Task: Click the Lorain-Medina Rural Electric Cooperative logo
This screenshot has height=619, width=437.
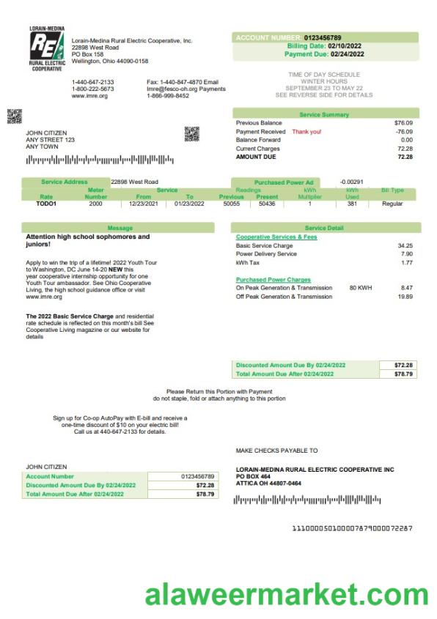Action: point(46,49)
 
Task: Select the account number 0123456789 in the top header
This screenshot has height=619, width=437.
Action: point(323,37)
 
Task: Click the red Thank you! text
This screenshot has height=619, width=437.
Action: point(306,132)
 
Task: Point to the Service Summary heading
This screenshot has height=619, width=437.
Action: point(324,114)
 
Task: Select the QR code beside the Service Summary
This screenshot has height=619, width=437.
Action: point(191,133)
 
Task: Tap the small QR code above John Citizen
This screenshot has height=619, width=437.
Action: point(14,116)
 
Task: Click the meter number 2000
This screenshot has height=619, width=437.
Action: point(95,204)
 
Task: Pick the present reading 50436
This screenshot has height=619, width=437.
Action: point(267,204)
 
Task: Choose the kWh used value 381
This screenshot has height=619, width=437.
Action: point(352,204)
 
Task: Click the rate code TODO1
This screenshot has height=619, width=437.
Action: point(46,204)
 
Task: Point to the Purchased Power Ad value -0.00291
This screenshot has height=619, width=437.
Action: point(353,181)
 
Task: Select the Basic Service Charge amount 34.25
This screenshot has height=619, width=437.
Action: point(405,246)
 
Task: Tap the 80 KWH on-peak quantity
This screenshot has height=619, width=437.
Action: point(361,288)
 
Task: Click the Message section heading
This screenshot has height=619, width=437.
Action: point(120,228)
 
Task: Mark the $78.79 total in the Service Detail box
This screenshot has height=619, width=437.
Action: point(403,374)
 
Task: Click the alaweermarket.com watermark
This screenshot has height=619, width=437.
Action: point(286,595)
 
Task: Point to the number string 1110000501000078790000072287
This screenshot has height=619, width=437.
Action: point(352,528)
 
